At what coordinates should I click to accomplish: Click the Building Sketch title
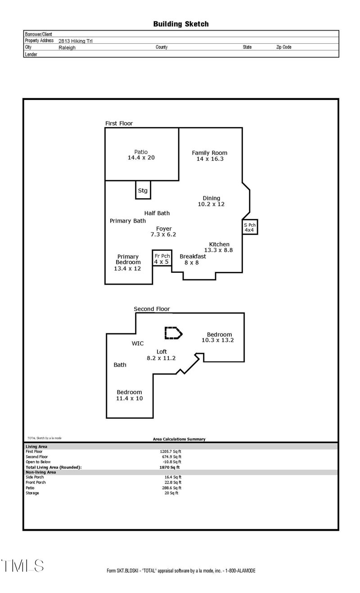point(181,24)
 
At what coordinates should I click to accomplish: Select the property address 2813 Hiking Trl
point(76,41)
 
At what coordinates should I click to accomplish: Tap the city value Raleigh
point(67,47)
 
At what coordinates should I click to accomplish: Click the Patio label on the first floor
point(141,152)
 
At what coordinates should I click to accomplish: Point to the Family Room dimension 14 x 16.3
point(210,159)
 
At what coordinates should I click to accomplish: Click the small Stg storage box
point(143,190)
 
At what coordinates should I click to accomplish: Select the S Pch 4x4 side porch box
point(249,227)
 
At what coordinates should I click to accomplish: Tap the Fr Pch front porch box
point(161,258)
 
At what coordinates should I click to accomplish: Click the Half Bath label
point(157,213)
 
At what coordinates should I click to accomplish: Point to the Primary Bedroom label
point(128,259)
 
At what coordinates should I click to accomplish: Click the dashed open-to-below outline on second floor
point(173,333)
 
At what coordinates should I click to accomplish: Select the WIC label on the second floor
point(138,344)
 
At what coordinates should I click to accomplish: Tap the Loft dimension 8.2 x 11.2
point(161,358)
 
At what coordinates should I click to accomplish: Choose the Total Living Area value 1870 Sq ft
point(166,467)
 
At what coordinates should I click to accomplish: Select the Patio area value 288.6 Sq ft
point(171,488)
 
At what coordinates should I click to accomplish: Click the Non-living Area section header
point(41,472)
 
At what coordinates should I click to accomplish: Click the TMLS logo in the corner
point(22,566)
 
